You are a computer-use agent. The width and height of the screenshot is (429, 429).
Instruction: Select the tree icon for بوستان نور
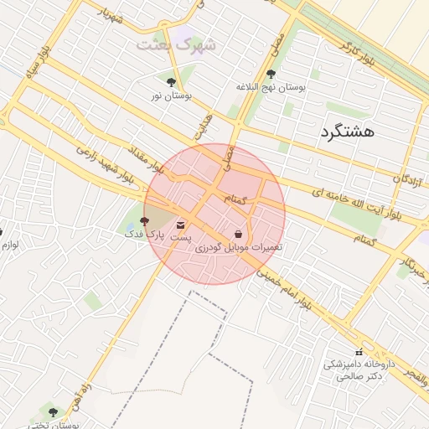click(x=172, y=82)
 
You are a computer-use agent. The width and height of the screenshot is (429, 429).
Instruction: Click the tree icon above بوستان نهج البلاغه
click(x=270, y=74)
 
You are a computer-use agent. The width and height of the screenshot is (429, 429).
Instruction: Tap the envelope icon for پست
click(x=180, y=225)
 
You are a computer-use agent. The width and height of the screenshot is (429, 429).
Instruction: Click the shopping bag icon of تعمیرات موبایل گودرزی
click(x=240, y=234)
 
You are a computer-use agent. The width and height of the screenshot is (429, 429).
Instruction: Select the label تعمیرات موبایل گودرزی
click(x=240, y=248)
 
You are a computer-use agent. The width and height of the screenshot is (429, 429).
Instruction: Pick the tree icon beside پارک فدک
click(x=144, y=221)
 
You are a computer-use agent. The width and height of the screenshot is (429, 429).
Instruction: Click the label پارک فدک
click(x=146, y=235)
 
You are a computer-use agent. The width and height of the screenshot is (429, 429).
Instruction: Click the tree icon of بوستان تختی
click(x=54, y=412)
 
